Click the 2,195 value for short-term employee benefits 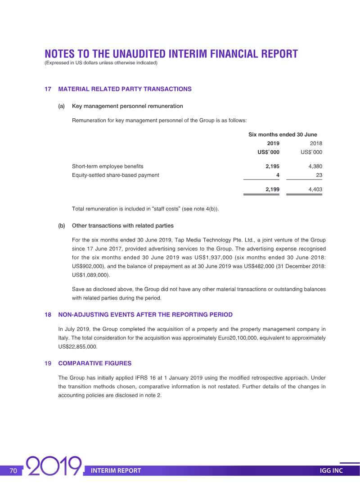click(272, 166)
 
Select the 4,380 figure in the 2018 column click(315, 166)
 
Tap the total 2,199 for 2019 click(272, 190)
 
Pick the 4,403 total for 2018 click(315, 190)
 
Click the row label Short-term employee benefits click(108, 166)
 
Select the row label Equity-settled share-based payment click(115, 175)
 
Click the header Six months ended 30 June click(283, 134)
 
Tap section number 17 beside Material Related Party click(48, 89)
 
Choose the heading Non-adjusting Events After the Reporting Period click(145, 314)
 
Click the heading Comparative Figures click(94, 363)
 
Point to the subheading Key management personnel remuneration click(127, 106)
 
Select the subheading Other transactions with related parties click(122, 225)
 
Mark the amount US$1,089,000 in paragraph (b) click(90, 275)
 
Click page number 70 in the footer click(13, 470)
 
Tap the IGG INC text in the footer click(331, 470)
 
